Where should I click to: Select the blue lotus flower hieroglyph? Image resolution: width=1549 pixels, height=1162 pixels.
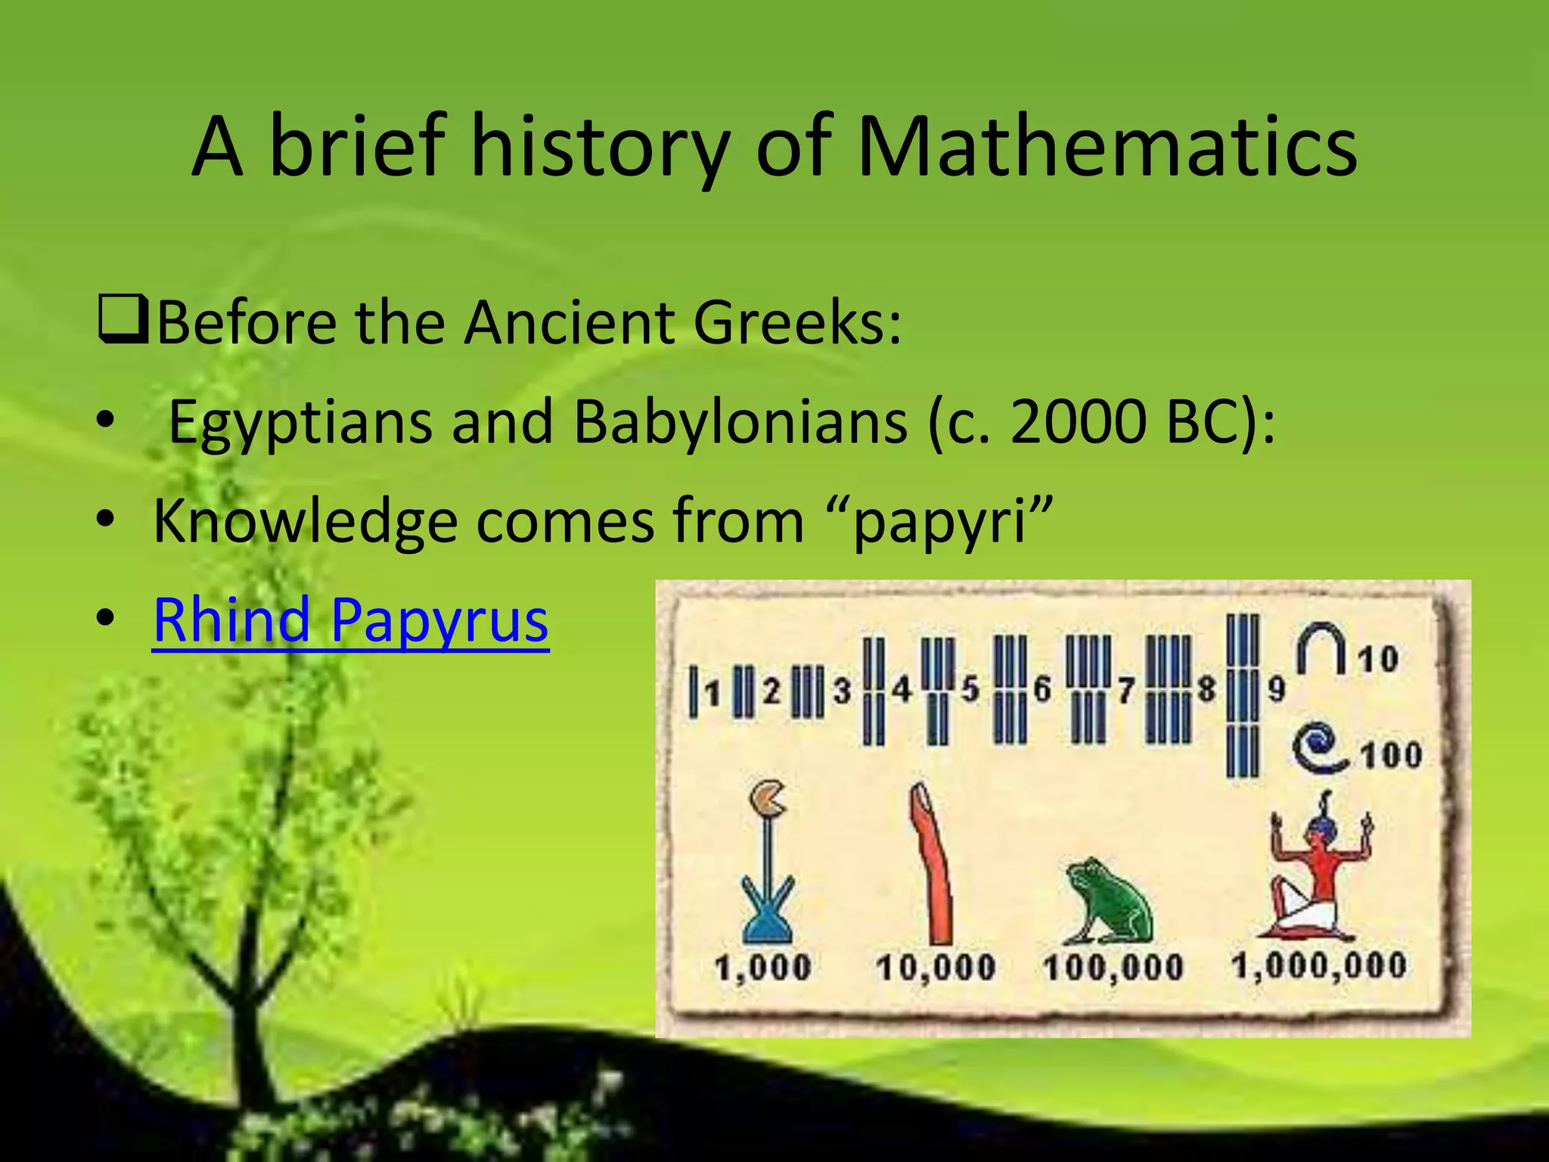point(767,870)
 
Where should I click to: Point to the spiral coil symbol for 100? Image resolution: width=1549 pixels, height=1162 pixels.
point(1320,749)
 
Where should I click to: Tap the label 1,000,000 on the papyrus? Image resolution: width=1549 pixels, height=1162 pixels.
point(1319,966)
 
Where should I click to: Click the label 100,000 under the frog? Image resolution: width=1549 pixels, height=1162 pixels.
point(1112,968)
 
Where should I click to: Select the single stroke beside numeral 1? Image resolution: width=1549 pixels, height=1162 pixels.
point(693,691)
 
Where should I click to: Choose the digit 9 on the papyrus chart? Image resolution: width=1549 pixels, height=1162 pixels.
point(1277,689)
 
